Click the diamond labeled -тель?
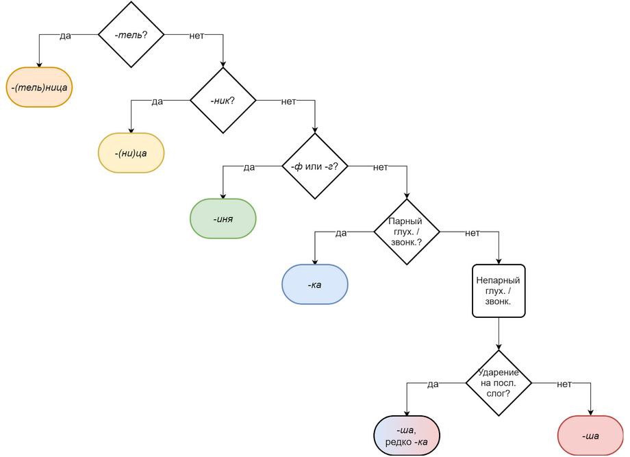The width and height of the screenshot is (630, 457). pyautogui.click(x=131, y=34)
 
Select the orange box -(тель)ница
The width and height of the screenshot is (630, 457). pyautogui.click(x=39, y=87)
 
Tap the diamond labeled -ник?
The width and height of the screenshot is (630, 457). pyautogui.click(x=223, y=100)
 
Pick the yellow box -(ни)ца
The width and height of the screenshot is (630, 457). pyautogui.click(x=131, y=153)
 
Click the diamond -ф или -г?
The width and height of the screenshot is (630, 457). pyautogui.click(x=314, y=166)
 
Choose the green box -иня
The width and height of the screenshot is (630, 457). pyautogui.click(x=223, y=219)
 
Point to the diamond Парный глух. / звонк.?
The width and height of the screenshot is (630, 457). pyautogui.click(x=407, y=232)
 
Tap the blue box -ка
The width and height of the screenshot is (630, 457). pyautogui.click(x=314, y=284)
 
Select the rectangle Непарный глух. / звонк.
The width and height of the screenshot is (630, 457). pyautogui.click(x=499, y=291)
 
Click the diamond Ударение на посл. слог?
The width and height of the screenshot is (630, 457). pyautogui.click(x=499, y=383)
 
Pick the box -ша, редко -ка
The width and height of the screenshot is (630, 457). pyautogui.click(x=407, y=436)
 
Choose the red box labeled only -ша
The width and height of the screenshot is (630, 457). pyautogui.click(x=590, y=436)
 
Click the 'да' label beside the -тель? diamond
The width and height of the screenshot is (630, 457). pyautogui.click(x=65, y=36)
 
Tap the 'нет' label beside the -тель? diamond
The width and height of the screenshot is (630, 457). pyautogui.click(x=197, y=36)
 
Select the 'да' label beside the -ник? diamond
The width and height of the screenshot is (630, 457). pyautogui.click(x=157, y=101)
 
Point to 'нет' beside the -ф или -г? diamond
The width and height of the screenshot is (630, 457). pyautogui.click(x=381, y=167)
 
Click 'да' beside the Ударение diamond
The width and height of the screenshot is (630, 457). pyautogui.click(x=433, y=384)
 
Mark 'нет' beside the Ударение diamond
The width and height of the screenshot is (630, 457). pyautogui.click(x=564, y=384)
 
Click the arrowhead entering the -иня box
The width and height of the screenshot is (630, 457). pyautogui.click(x=223, y=196)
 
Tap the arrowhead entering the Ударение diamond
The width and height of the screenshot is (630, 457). pyautogui.click(x=499, y=347)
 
